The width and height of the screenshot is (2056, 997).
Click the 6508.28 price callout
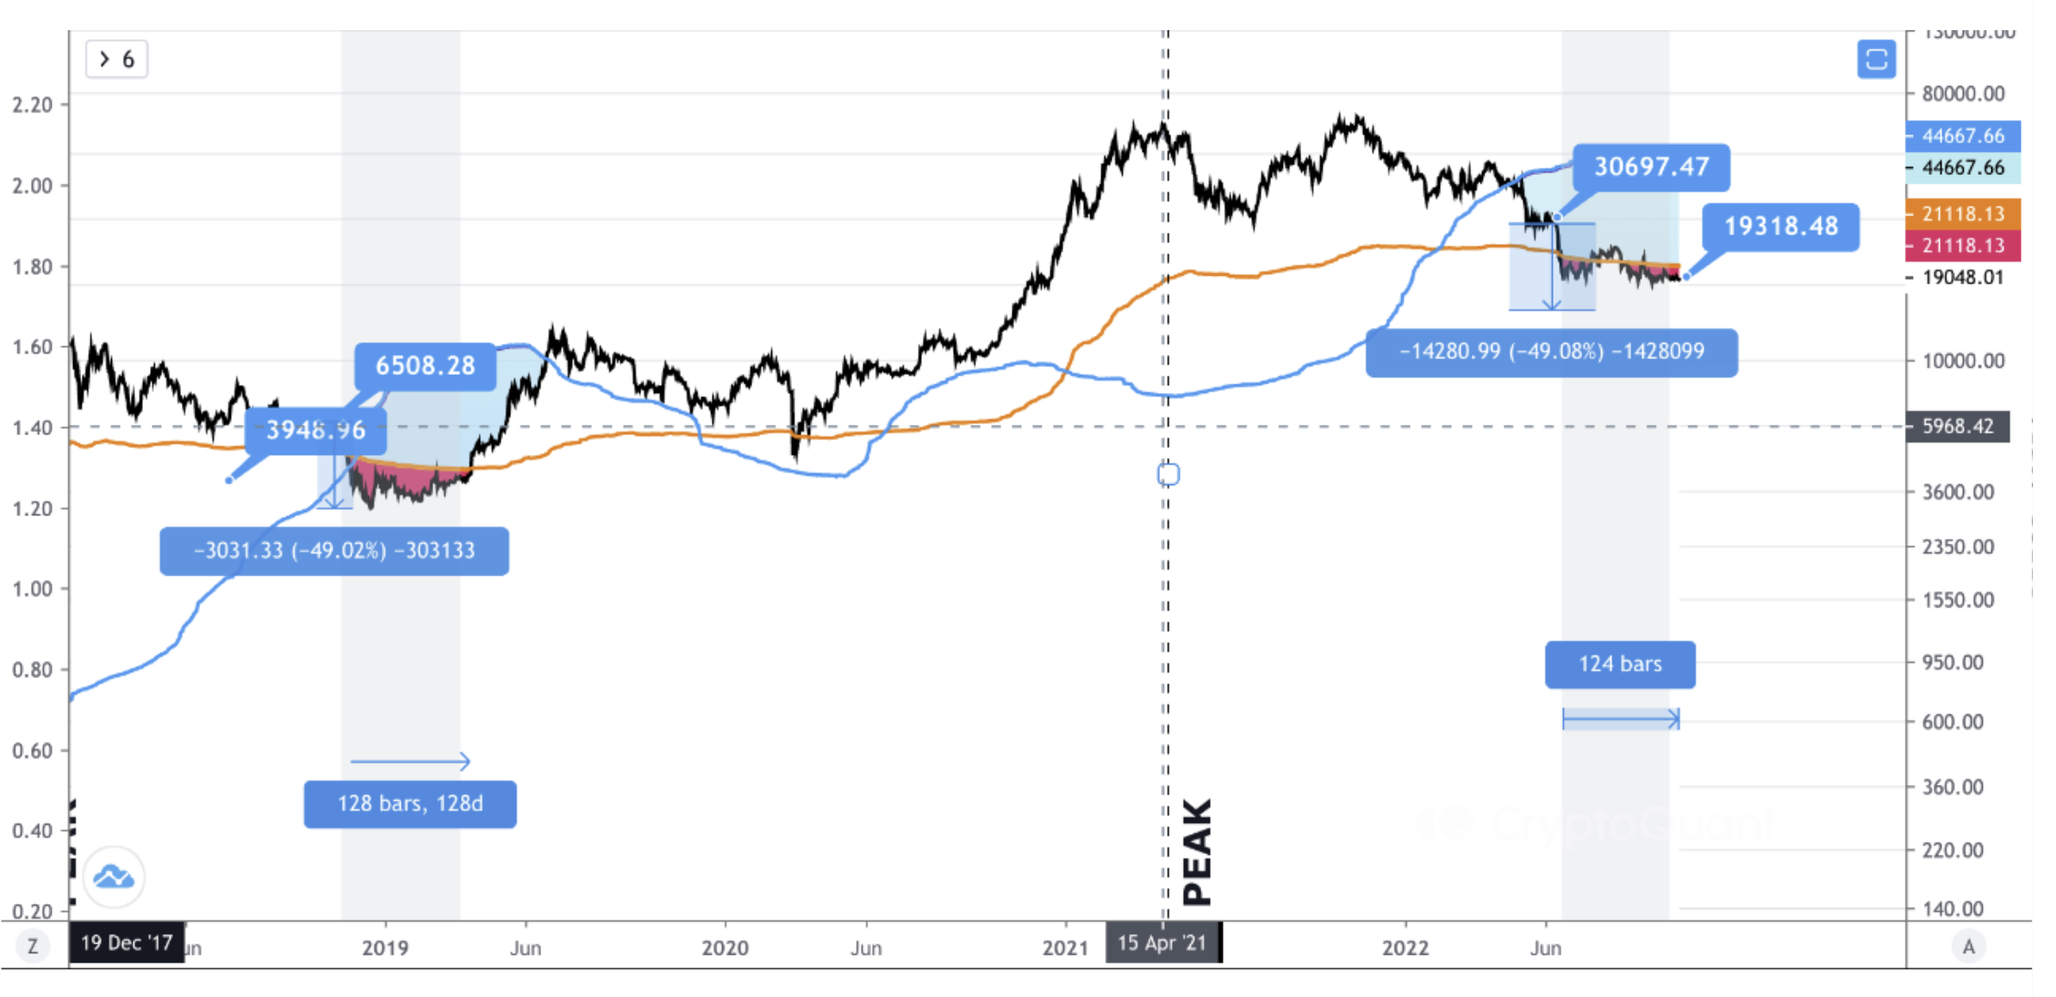click(425, 365)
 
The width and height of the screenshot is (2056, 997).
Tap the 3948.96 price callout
click(315, 429)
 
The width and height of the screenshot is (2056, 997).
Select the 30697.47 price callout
click(1651, 166)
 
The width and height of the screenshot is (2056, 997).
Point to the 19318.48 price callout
click(1780, 227)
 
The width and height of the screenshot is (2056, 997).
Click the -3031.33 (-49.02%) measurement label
click(334, 551)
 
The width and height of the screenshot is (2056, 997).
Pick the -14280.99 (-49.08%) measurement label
click(1551, 352)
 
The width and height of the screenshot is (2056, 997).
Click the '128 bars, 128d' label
click(410, 804)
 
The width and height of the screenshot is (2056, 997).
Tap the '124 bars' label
click(1620, 664)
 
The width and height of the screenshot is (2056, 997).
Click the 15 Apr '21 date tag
click(1162, 943)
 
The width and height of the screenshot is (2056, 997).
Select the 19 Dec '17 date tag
click(127, 943)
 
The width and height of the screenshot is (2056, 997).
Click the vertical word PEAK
click(1197, 851)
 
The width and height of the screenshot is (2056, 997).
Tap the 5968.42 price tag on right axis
click(1958, 427)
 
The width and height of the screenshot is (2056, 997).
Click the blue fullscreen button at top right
click(1876, 59)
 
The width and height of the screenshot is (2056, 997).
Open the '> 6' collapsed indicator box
click(116, 59)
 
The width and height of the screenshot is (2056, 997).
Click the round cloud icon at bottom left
click(114, 877)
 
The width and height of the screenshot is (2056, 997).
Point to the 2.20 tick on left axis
click(33, 105)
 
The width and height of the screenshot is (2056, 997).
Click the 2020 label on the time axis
click(725, 949)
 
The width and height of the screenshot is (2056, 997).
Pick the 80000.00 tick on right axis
click(1963, 93)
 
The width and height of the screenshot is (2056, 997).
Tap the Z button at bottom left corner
click(33, 947)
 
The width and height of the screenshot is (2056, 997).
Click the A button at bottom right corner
click(1969, 947)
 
